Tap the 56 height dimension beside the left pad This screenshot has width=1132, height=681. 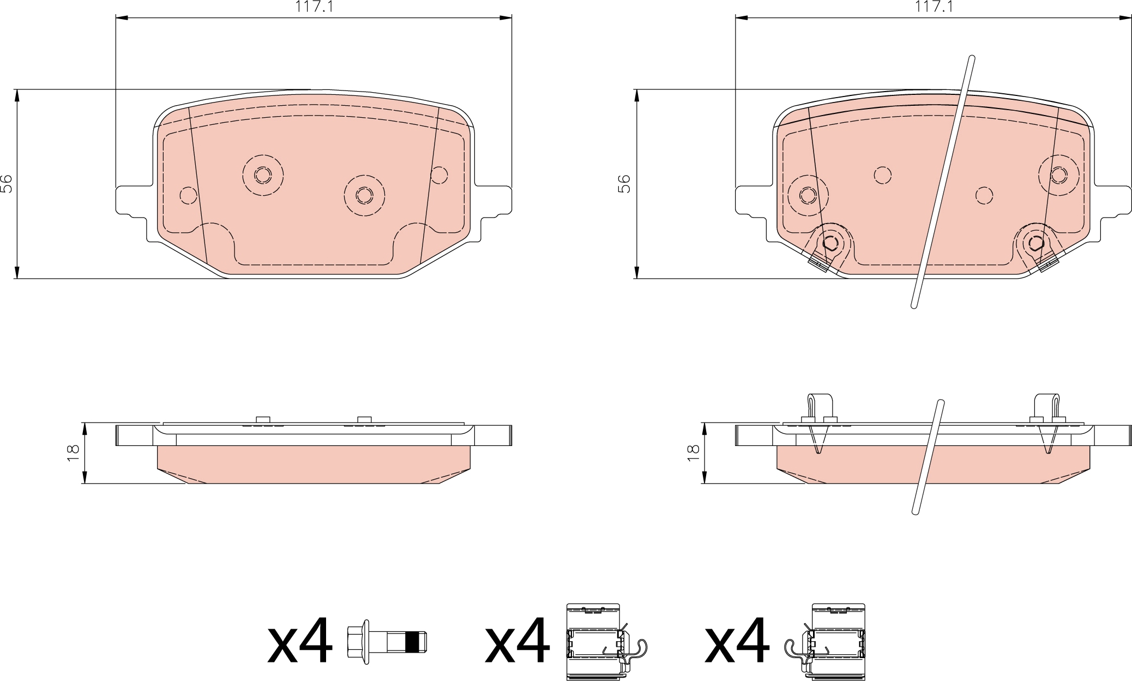(7, 184)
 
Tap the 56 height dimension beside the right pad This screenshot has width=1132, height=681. (625, 184)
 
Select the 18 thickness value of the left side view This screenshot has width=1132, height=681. (74, 453)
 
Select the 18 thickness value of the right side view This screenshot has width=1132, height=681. (693, 453)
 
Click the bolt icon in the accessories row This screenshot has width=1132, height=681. (387, 642)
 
